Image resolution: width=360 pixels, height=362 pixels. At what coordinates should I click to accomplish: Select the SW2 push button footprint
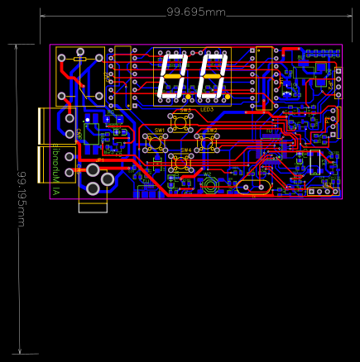coord(208,143)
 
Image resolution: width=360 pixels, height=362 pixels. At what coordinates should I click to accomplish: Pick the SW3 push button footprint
coord(181,123)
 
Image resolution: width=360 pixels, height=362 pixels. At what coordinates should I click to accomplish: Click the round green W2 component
coord(210,185)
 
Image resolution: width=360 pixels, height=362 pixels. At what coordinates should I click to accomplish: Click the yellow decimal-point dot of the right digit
coord(228,96)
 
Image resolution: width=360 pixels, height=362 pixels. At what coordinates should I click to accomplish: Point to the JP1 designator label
coord(100,160)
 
